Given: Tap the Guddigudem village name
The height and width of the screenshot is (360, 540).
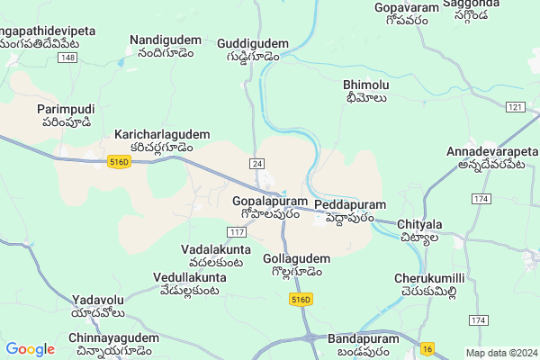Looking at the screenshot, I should tap(253, 43).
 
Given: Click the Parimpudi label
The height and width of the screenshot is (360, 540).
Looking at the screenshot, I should tap(65, 109).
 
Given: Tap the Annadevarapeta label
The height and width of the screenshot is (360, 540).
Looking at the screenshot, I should tap(491, 152).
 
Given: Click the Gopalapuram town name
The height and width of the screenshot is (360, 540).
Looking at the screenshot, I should tap(269, 202).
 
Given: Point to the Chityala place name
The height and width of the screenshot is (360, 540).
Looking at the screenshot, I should tap(418, 224).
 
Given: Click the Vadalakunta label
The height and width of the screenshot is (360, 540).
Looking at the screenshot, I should tap(216, 248).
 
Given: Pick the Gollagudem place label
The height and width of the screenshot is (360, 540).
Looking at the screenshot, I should tap(296, 259).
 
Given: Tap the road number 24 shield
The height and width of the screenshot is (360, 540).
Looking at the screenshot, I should tap(257, 163).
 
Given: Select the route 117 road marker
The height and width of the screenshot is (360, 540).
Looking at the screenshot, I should tap(237, 233).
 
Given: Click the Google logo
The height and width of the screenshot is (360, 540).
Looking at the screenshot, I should tap(30, 349).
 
